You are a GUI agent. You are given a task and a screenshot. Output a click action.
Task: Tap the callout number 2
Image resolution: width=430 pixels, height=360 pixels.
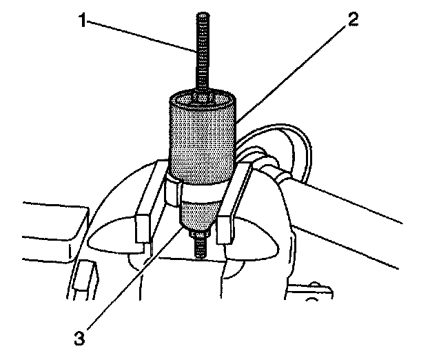(x=352, y=20)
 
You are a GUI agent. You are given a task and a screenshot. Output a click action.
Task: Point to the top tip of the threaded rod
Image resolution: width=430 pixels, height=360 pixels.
(x=202, y=14)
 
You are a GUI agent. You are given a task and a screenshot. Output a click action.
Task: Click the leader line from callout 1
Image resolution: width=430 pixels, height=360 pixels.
(x=138, y=36)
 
